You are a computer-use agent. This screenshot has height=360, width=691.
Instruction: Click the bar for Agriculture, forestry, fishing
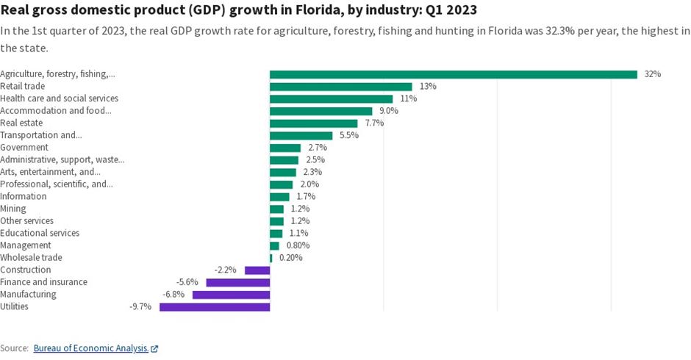(x=453, y=74)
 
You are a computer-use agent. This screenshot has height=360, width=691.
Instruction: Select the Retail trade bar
(x=340, y=87)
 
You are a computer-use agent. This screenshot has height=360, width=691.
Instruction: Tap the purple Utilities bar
(x=215, y=306)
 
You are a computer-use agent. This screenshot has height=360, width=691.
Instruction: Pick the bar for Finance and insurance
(x=237, y=282)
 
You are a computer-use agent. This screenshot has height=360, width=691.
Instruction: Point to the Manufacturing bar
(x=231, y=295)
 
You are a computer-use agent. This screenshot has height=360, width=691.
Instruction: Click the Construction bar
(x=257, y=270)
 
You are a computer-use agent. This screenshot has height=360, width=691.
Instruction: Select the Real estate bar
(x=313, y=123)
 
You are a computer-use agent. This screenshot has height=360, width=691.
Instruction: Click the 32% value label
(x=652, y=74)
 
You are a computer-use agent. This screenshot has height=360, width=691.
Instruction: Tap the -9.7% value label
(x=140, y=306)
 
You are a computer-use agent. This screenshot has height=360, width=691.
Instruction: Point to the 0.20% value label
(x=290, y=258)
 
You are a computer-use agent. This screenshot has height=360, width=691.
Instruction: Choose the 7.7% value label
(x=374, y=123)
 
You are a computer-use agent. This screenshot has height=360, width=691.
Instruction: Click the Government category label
(x=24, y=148)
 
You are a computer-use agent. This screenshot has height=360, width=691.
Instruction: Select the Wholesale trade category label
(x=31, y=258)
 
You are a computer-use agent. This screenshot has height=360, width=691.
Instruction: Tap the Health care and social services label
(x=59, y=98)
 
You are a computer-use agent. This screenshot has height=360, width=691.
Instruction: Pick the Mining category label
(x=13, y=209)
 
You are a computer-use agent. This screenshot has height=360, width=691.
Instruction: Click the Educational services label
(x=40, y=233)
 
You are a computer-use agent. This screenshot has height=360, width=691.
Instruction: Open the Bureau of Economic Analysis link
(x=90, y=348)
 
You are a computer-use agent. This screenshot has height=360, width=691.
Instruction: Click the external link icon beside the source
(x=154, y=349)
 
